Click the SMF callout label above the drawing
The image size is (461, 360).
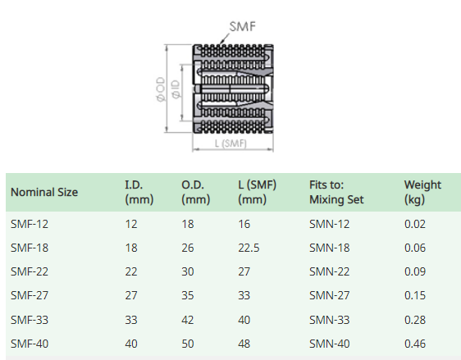[243, 26]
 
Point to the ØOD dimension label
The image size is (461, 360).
[161, 89]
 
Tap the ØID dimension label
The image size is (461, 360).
[176, 89]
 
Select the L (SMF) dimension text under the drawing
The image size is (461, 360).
[230, 144]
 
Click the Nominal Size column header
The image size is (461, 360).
[44, 192]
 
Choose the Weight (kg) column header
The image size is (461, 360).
[422, 192]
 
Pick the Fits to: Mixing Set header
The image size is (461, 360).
[336, 192]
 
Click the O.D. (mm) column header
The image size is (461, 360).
[196, 192]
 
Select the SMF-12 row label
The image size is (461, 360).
[30, 224]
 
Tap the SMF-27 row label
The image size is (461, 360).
[30, 295]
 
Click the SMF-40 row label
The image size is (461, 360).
[30, 344]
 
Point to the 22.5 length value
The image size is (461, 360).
[249, 248]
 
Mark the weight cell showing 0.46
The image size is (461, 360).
[415, 344]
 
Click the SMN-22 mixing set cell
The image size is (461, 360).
[329, 271]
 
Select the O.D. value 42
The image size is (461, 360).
[188, 320]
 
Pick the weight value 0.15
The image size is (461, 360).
[415, 295]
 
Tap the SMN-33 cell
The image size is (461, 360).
[329, 320]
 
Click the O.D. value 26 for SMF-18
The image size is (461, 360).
[188, 248]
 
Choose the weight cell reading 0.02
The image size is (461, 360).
[415, 224]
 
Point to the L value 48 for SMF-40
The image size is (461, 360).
[244, 344]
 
